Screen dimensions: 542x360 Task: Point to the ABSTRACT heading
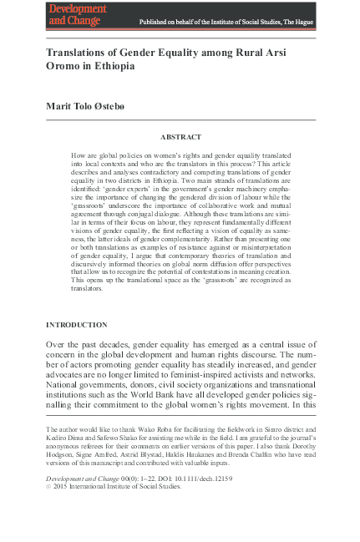[x=180, y=135]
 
